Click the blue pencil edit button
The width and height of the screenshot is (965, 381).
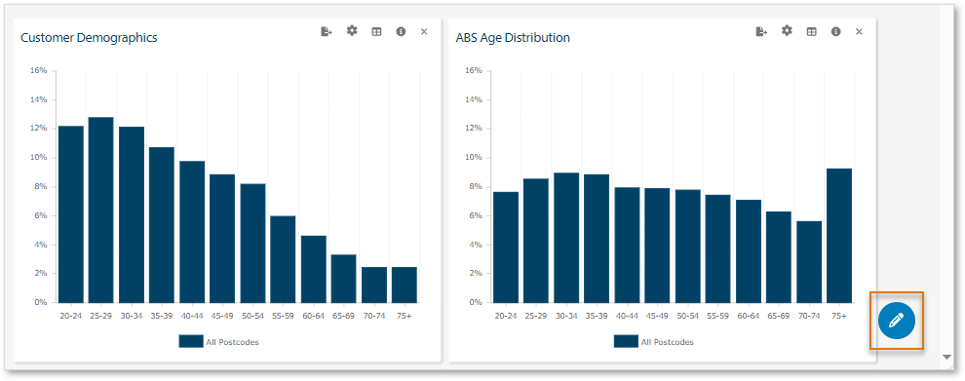pos(896,320)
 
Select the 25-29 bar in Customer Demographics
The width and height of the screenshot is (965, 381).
pos(100,210)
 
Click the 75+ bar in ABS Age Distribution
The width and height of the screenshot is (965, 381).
pos(839,236)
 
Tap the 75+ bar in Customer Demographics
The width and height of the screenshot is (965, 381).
pos(405,285)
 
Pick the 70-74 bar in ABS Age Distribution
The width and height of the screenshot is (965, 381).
pos(809,261)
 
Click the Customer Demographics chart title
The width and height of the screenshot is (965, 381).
pos(89,38)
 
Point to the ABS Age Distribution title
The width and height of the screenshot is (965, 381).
pos(513,38)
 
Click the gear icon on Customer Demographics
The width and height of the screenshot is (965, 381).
pos(352,31)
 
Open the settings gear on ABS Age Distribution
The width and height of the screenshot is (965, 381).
pos(787,31)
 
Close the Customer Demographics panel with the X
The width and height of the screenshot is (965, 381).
pos(424,32)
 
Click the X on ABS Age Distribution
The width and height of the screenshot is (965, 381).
pos(859,32)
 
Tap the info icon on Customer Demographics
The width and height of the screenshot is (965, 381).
pos(401,32)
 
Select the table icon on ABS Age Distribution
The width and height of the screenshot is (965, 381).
pos(811,32)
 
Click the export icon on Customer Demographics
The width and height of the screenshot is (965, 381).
pos(327,32)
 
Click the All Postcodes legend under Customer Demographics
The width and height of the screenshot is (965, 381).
pos(218,342)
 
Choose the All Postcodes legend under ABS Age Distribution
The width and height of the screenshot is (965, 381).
pos(653,342)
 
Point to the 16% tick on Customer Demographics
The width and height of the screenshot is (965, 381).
pos(38,70)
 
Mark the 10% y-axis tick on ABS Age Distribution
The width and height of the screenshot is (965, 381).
pos(473,157)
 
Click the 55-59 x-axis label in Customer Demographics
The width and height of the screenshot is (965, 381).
pos(283,316)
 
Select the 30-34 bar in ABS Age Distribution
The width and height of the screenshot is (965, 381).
pos(566,237)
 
